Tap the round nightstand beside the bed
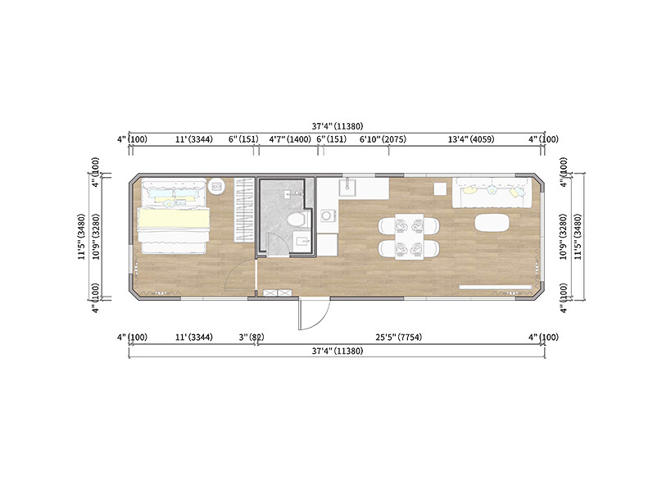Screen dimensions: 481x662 217,186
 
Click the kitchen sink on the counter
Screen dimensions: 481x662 347,188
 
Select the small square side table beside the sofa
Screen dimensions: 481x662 440,187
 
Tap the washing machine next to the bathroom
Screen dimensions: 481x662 327,216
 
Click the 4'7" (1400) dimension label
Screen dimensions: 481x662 290,139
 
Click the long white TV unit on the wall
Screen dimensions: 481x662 494,287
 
